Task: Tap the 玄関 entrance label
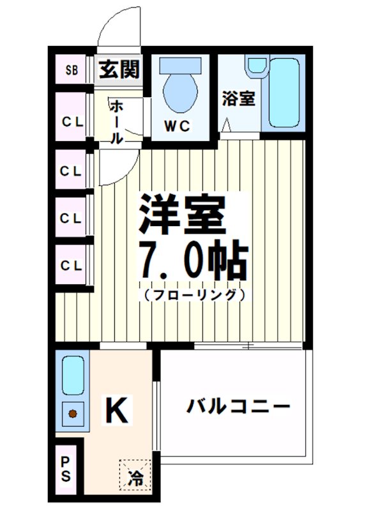(119, 68)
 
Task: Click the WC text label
(179, 126)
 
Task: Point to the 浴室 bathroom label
(239, 99)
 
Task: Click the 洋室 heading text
(183, 214)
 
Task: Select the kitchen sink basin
(73, 376)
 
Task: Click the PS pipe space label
(66, 469)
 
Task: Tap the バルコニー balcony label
(238, 406)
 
